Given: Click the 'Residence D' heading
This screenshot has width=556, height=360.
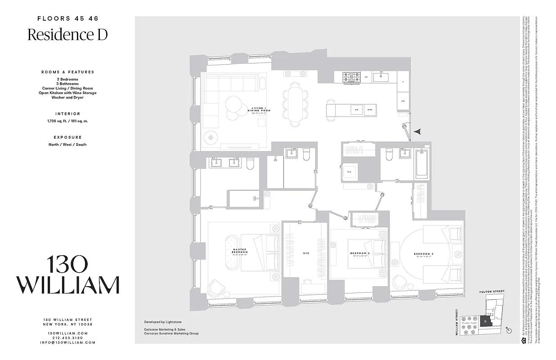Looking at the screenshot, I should point(67,35).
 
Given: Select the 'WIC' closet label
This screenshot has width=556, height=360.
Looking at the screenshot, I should point(306,253).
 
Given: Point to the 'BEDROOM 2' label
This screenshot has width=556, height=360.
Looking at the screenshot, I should point(359,253).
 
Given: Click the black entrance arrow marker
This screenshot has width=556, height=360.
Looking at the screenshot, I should point(418,131).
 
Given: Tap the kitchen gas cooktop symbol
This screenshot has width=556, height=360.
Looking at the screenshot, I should point(350,77).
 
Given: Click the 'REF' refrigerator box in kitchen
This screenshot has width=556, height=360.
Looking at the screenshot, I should point(403,101).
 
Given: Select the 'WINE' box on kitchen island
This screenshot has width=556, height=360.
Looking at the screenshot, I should point(369,110).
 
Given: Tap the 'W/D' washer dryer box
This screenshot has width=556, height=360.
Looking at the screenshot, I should point(349,171).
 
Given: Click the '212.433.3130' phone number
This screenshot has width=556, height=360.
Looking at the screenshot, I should point(67,337).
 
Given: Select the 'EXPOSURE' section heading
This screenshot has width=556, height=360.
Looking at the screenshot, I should point(67,137).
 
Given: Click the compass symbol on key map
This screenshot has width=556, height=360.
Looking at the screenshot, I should point(509,330).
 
